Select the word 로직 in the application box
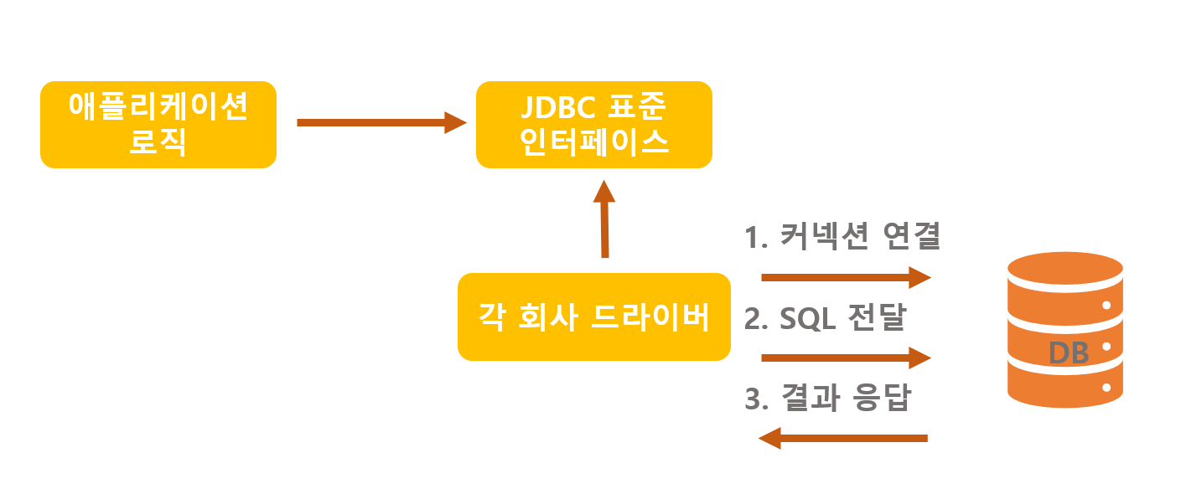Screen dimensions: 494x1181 [158, 142]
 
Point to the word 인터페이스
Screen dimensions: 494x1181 [594, 142]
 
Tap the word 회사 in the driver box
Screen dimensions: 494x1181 [546, 317]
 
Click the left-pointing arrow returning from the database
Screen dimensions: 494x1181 [842, 438]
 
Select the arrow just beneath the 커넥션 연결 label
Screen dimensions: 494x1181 [846, 276]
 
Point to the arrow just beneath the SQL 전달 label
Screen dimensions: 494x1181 [846, 358]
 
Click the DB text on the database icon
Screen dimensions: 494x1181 [1069, 353]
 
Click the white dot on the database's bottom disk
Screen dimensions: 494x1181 [1106, 388]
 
